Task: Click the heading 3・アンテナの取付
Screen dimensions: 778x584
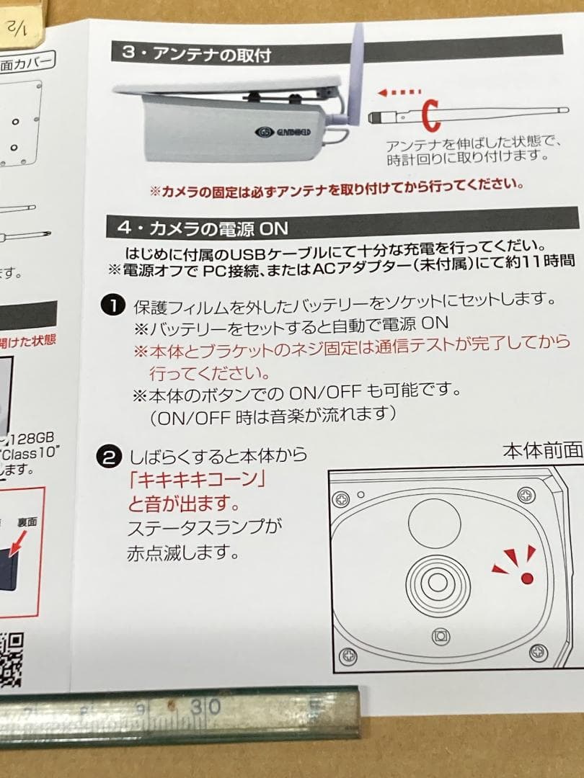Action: [x=199, y=53]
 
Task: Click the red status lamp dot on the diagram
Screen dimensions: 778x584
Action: [x=526, y=577]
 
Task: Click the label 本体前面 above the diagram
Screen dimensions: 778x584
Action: [x=542, y=451]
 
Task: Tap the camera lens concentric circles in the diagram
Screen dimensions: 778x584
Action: [x=432, y=581]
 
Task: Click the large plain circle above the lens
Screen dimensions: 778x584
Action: [x=434, y=521]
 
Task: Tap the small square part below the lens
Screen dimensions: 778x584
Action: [x=441, y=636]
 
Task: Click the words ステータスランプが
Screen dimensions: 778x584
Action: [x=204, y=528]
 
